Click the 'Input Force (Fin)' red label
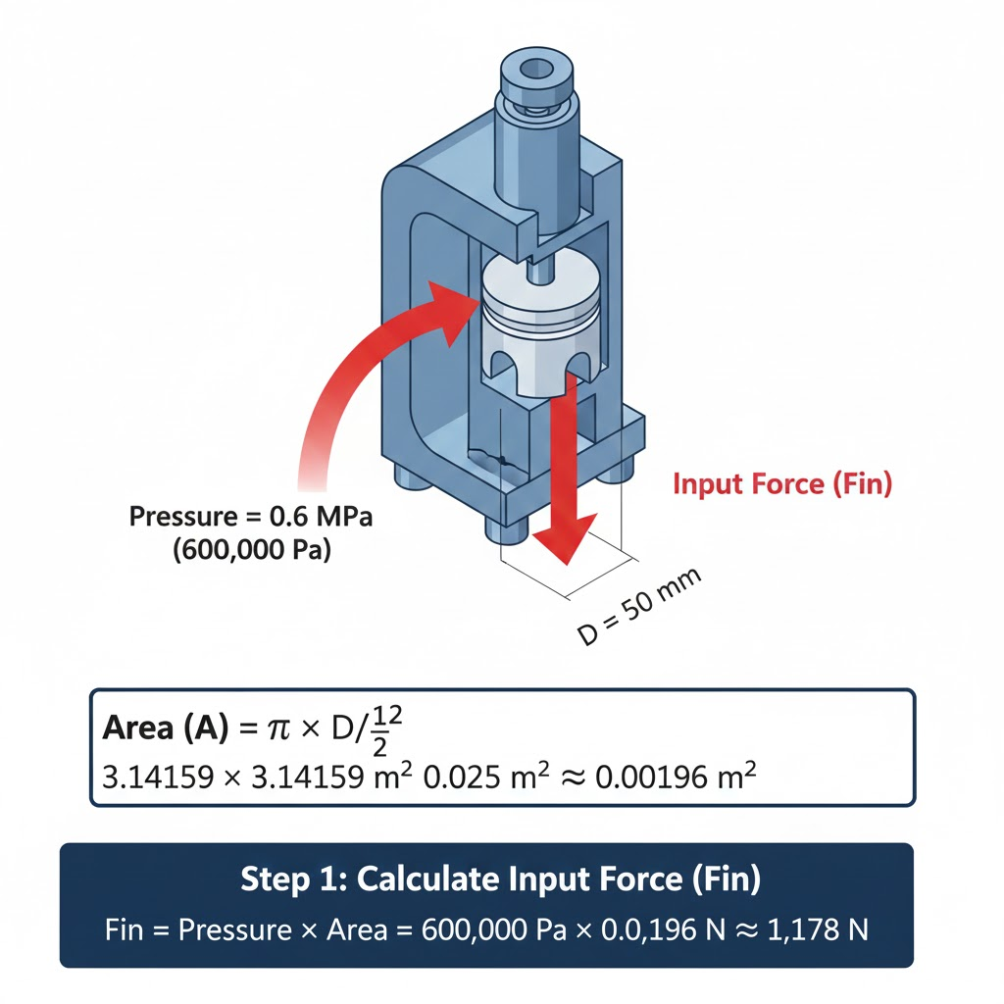tap(781, 484)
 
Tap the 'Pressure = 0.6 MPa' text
tap(250, 516)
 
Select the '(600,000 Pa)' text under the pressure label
tap(252, 549)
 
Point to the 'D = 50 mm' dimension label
tap(639, 606)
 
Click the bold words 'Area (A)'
tap(165, 728)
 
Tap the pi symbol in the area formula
tap(278, 729)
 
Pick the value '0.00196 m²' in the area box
tap(676, 777)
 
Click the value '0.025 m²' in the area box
tap(486, 777)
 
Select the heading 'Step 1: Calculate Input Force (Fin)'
tap(501, 878)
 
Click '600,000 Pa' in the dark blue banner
tap(494, 929)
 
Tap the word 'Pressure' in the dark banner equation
tap(235, 929)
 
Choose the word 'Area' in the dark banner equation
tap(357, 929)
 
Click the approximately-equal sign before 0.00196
tap(573, 778)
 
